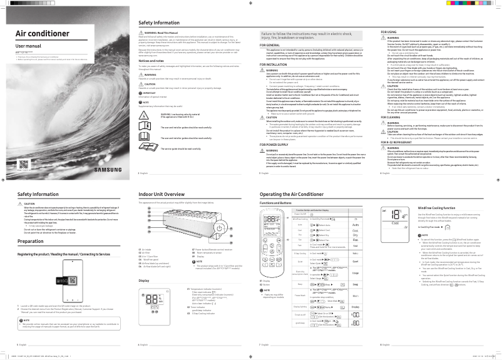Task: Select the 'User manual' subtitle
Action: coord(28,47)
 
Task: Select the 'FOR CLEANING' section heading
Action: coord(394,116)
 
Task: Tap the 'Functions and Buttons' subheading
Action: coord(277,203)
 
